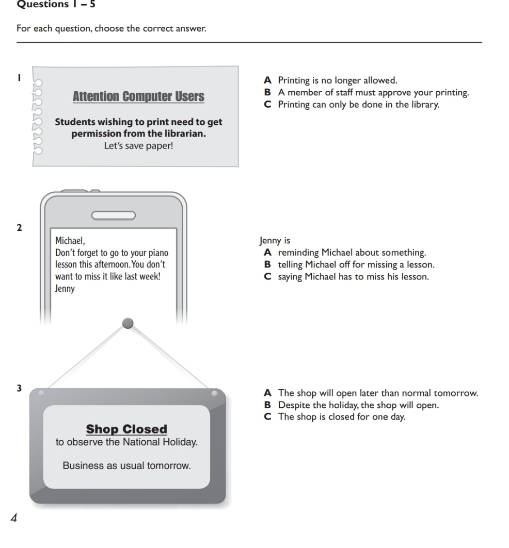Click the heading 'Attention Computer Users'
click(139, 96)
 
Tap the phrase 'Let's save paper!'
click(139, 146)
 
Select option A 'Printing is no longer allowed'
click(331, 80)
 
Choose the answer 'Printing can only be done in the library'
click(352, 105)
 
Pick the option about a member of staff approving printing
click(367, 93)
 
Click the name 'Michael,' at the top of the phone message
click(70, 241)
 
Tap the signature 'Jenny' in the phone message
click(65, 289)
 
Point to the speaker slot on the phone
click(114, 215)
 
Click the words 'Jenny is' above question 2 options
click(275, 240)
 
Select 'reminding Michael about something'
click(345, 253)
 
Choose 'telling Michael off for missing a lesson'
click(349, 264)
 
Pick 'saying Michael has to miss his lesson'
click(346, 277)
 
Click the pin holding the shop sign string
click(128, 323)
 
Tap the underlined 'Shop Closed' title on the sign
click(126, 429)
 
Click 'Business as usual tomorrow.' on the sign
click(126, 466)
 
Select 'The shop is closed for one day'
click(335, 417)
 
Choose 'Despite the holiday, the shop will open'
click(352, 405)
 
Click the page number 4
click(14, 518)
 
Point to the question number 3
click(19, 388)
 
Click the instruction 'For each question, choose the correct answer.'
click(112, 28)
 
